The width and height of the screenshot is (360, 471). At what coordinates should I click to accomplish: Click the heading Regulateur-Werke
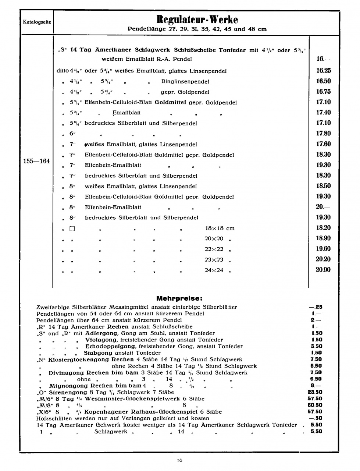point(197,19)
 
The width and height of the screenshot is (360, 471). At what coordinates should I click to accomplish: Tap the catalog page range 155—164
point(36,161)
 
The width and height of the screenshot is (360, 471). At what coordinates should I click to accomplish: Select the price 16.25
point(323,71)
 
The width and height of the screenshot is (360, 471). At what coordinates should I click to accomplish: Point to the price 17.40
point(323,112)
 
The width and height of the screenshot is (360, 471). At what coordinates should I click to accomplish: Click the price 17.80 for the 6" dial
point(323,133)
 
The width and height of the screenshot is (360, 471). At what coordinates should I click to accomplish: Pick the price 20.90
point(323,270)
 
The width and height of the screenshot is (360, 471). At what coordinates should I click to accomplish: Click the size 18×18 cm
point(219,228)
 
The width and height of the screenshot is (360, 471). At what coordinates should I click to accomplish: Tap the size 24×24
point(214,270)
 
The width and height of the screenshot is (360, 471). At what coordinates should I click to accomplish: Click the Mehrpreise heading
point(179,298)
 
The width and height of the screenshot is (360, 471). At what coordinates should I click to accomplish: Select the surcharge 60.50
point(315,405)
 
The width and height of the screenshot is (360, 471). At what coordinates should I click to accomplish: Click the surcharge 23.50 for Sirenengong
point(315,392)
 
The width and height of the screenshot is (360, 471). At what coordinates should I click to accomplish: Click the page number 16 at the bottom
point(179,460)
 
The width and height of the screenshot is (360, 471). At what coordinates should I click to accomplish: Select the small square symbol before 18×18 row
point(72,229)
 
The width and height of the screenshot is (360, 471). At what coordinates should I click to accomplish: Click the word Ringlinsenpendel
point(185,81)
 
